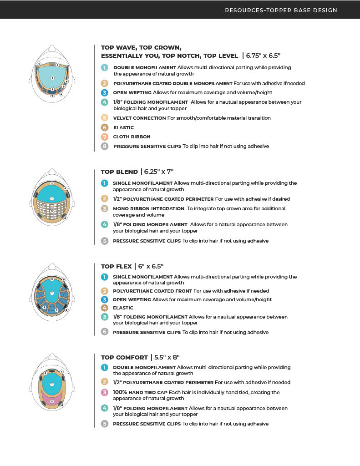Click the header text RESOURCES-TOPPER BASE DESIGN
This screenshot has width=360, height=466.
281,10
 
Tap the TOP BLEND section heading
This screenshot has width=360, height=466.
119,172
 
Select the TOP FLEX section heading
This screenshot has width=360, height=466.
117,266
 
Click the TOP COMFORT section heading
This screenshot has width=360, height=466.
124,357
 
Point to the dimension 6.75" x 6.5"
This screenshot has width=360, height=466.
263,56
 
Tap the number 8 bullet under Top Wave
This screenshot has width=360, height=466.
105,146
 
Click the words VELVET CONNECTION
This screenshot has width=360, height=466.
139,118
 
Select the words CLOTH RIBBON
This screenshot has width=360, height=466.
132,137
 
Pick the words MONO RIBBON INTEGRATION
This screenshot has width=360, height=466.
148,208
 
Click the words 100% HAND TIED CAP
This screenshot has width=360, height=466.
140,392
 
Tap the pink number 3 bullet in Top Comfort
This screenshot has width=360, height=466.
104,392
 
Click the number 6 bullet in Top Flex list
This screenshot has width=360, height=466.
104,332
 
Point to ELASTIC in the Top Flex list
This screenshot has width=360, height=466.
123,308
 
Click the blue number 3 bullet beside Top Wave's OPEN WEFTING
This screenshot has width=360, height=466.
105,92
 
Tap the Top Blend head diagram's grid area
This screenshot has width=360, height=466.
52,211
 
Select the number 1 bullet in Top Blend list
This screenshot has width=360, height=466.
104,183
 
